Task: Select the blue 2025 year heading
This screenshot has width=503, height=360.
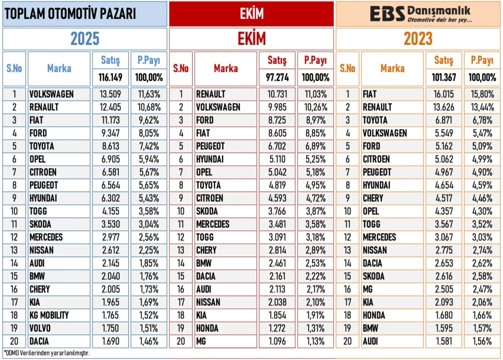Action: pyautogui.click(x=85, y=39)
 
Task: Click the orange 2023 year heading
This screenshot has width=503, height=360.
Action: pyautogui.click(x=418, y=39)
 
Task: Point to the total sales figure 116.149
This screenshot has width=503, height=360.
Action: pyautogui.click(x=111, y=77)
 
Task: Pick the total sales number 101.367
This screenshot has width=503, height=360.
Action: pyautogui.click(x=444, y=77)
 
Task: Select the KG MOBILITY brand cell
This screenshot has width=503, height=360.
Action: pyautogui.click(x=49, y=315)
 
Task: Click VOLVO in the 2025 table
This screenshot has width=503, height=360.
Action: pyautogui.click(x=40, y=328)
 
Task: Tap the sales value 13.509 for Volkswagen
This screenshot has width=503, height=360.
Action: pyautogui.click(x=111, y=94)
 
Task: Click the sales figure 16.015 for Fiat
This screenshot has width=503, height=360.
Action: pyautogui.click(x=444, y=94)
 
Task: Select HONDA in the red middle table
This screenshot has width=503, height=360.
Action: pyautogui.click(x=207, y=328)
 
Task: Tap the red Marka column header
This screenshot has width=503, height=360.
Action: pyautogui.click(x=225, y=68)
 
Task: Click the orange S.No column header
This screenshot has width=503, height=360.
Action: pyautogui.click(x=347, y=68)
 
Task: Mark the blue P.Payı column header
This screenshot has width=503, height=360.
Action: pyautogui.click(x=149, y=60)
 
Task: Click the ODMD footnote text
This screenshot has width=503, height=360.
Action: pyautogui.click(x=47, y=353)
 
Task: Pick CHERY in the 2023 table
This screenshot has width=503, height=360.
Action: pyautogui.click(x=373, y=198)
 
